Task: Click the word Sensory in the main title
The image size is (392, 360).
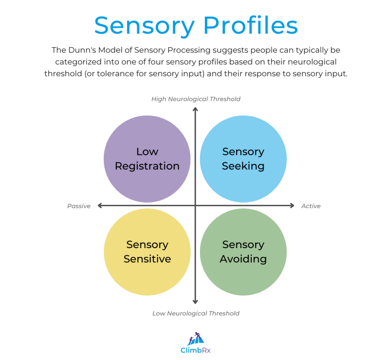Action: (x=144, y=26)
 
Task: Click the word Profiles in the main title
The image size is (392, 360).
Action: (x=251, y=26)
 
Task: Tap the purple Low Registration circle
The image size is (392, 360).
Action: (x=147, y=159)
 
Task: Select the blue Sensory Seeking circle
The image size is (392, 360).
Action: (x=243, y=159)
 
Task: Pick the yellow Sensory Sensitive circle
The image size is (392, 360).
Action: (x=147, y=252)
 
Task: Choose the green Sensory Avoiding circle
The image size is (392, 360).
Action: (x=243, y=252)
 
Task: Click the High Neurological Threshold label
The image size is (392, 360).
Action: (x=196, y=99)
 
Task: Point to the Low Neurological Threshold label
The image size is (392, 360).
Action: (x=196, y=313)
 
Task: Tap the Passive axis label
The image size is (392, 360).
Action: (x=79, y=206)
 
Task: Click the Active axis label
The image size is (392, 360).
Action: (x=310, y=206)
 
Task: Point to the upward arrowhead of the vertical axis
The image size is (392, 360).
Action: (x=195, y=109)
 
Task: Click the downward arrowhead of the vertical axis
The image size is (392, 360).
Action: (x=195, y=302)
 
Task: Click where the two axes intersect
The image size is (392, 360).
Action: (x=195, y=205)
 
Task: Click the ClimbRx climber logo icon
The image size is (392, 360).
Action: (x=196, y=339)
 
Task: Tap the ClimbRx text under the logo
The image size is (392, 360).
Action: (x=196, y=350)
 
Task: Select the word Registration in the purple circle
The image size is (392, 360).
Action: (x=147, y=166)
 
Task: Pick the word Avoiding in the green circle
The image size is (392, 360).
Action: (x=243, y=259)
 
